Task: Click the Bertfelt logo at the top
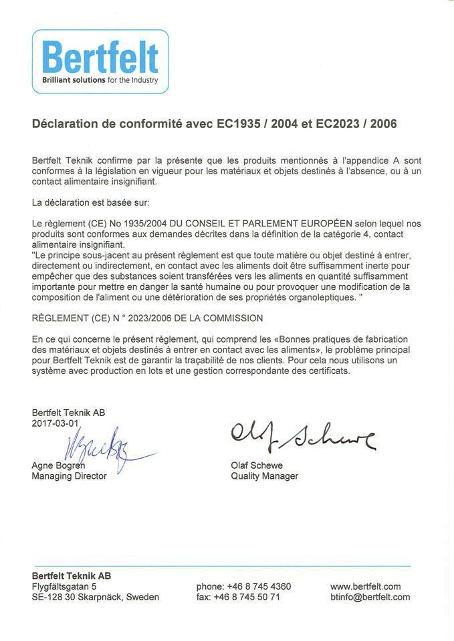(100, 59)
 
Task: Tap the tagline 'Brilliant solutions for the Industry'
(100, 80)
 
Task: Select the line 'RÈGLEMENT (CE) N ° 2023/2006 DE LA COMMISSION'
(147, 318)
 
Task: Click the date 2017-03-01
(55, 423)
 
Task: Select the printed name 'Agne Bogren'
(58, 465)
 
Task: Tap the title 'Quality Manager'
(264, 476)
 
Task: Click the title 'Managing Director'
(69, 476)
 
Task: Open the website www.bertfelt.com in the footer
(365, 586)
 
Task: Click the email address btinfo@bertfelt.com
(370, 597)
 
